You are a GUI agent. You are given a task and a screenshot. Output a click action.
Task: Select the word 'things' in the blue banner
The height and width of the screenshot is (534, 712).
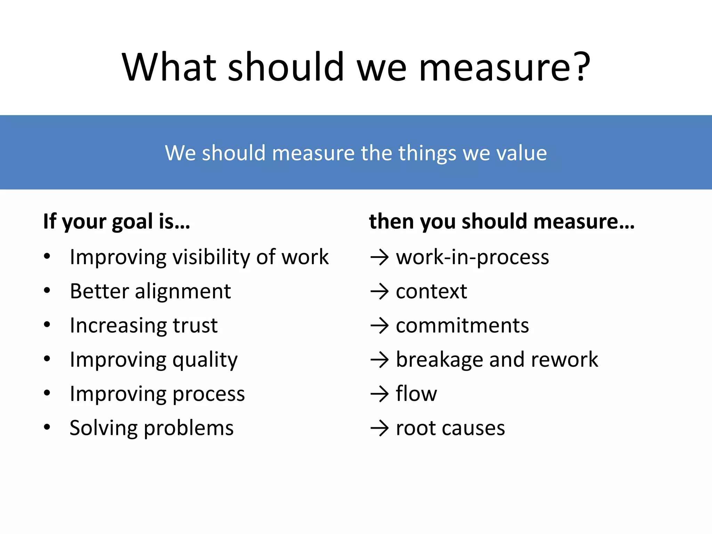tap(427, 153)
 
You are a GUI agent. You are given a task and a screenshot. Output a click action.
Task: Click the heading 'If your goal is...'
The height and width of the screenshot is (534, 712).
tap(117, 222)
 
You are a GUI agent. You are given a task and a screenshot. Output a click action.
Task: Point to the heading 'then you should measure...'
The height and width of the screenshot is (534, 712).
tap(502, 221)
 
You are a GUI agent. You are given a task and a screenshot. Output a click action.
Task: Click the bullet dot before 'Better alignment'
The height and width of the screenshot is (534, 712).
tap(47, 290)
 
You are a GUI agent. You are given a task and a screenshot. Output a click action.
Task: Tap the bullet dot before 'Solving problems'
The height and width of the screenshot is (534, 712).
tap(47, 427)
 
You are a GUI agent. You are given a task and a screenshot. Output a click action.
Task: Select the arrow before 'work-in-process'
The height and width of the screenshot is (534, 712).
tap(379, 258)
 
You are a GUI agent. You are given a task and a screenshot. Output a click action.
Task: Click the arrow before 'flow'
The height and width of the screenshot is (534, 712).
tap(379, 394)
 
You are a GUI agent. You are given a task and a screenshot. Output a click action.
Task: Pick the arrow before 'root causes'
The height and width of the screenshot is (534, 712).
tap(379, 428)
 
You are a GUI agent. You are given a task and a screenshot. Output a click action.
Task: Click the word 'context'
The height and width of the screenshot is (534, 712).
tap(431, 291)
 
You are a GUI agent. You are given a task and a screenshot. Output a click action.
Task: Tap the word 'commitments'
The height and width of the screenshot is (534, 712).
tap(462, 325)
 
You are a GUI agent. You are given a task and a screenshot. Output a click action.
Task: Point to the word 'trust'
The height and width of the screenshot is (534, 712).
tap(195, 325)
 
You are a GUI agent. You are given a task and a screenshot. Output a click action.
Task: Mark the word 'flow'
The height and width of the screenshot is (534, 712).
tap(416, 394)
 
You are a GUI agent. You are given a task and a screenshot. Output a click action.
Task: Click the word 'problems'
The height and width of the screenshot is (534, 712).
tap(188, 428)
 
